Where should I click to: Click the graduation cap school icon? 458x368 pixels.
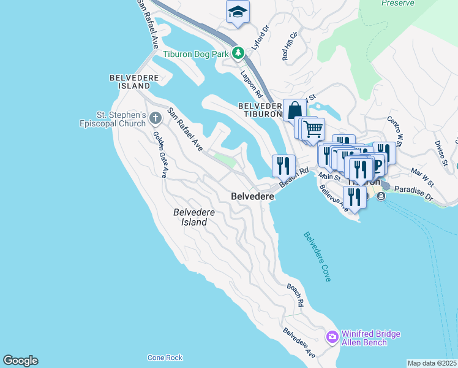pyautogui.click(x=238, y=12)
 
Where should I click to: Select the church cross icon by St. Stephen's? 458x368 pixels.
pyautogui.click(x=156, y=115)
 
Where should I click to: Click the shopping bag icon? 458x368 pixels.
pyautogui.click(x=295, y=110)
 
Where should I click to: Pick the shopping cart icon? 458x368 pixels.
pyautogui.click(x=313, y=129)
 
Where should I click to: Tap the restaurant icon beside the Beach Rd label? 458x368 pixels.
pyautogui.click(x=283, y=165)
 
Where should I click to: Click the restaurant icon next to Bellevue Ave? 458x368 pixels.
pyautogui.click(x=355, y=197)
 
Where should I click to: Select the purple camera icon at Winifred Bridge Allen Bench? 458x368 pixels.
pyautogui.click(x=332, y=337)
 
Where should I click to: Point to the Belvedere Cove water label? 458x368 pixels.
pyautogui.click(x=317, y=256)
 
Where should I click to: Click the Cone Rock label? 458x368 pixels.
pyautogui.click(x=165, y=358)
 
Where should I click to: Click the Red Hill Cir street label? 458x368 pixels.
pyautogui.click(x=289, y=46)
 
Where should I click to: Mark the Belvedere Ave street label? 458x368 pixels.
pyautogui.click(x=299, y=342)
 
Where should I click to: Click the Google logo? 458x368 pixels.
pyautogui.click(x=21, y=361)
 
